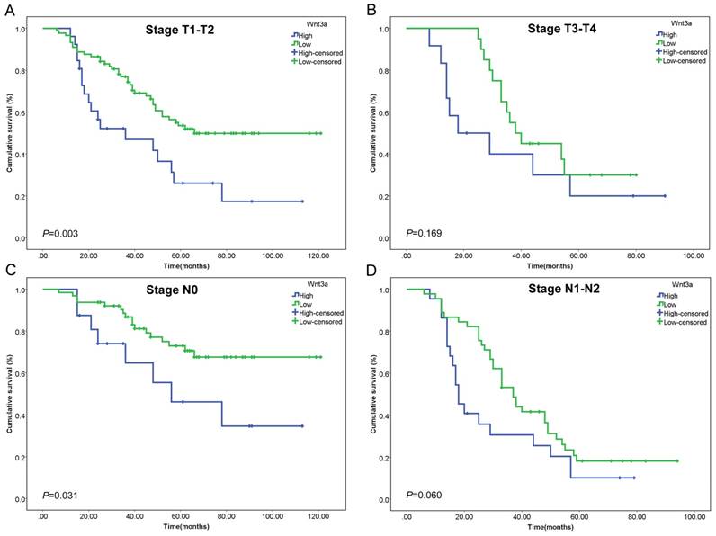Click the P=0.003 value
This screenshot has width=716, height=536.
(62, 234)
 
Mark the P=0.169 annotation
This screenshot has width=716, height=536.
(425, 234)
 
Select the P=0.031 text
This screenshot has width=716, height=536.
(62, 493)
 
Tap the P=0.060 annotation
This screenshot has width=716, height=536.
(425, 493)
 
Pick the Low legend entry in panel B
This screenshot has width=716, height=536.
(667, 42)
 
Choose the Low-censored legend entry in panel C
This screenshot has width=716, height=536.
(317, 322)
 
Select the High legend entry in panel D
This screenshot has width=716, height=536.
(667, 295)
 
